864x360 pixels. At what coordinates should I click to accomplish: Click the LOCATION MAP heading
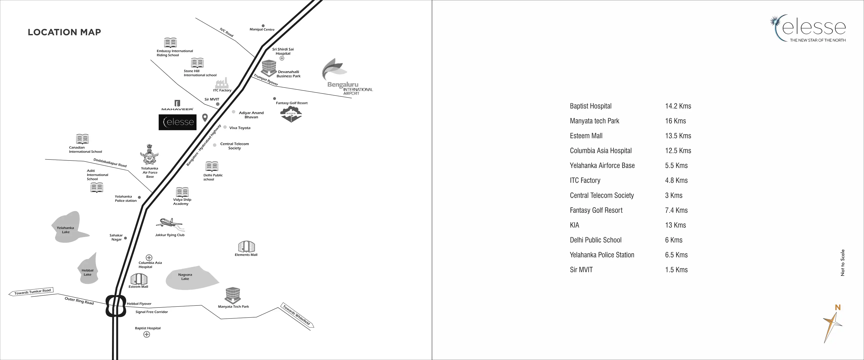(x=64, y=32)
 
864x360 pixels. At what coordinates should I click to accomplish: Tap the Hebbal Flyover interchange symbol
(x=116, y=306)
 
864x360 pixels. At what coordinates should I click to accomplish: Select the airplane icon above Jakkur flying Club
(x=170, y=224)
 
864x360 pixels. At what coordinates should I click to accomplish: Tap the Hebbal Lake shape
(x=88, y=270)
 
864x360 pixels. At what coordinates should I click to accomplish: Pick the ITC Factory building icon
(x=222, y=83)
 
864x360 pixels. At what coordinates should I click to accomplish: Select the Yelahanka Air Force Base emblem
(x=149, y=155)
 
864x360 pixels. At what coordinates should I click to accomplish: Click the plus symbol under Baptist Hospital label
(x=146, y=334)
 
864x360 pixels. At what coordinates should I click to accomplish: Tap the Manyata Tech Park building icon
(x=233, y=295)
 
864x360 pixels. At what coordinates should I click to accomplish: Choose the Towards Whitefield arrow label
(x=297, y=316)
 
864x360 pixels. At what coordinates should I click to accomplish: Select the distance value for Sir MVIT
(x=676, y=270)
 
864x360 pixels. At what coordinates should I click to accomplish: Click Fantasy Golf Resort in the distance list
(x=596, y=210)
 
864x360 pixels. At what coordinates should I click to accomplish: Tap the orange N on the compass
(x=837, y=307)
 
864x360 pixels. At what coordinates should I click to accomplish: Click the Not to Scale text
(x=842, y=263)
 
